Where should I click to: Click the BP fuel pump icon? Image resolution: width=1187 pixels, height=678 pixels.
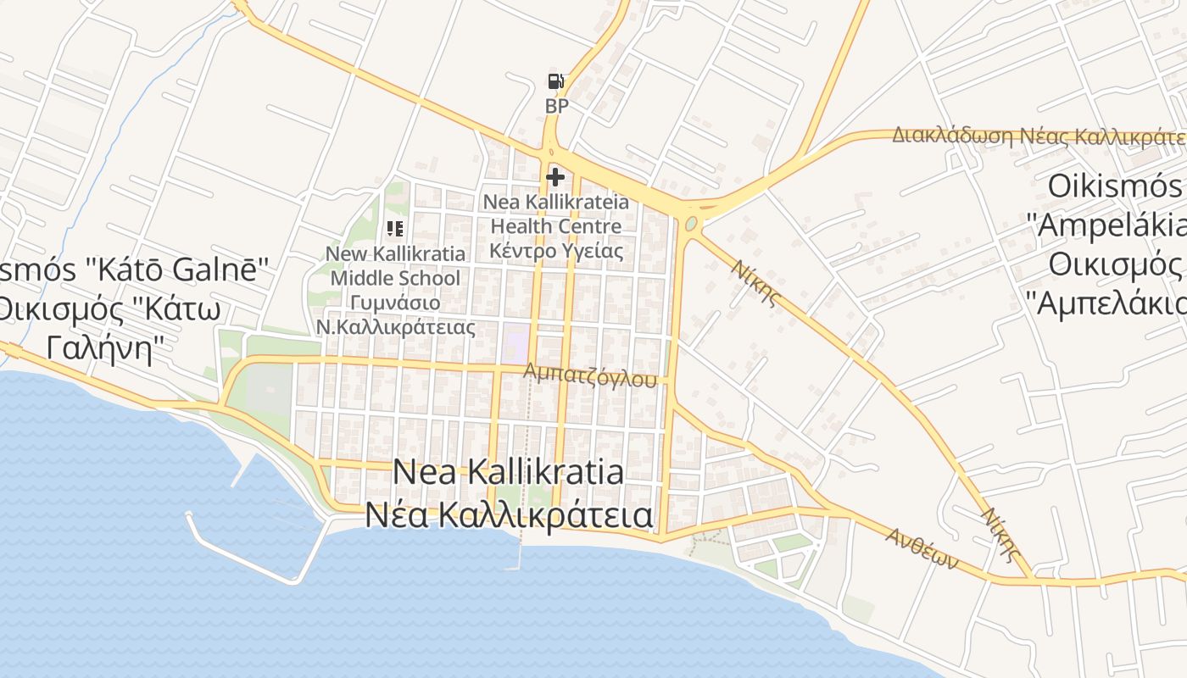pyautogui.click(x=555, y=81)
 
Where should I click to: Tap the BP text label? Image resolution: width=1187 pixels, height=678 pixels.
pyautogui.click(x=556, y=107)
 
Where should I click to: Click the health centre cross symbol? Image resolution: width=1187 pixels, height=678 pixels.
pyautogui.click(x=555, y=177)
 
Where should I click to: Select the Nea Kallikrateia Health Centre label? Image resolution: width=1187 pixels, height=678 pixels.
pyautogui.click(x=556, y=214)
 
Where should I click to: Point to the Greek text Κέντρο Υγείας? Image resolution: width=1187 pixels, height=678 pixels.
pyautogui.click(x=556, y=251)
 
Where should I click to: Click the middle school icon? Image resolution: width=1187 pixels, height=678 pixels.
pyautogui.click(x=394, y=228)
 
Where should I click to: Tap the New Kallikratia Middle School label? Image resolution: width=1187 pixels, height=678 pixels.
pyautogui.click(x=396, y=265)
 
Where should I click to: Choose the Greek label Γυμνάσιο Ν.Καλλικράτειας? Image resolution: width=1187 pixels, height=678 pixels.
pyautogui.click(x=396, y=314)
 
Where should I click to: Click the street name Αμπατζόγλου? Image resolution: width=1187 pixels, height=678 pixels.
pyautogui.click(x=590, y=375)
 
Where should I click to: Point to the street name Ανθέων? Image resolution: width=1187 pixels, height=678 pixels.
pyautogui.click(x=922, y=548)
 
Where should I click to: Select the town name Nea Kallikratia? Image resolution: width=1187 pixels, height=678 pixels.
pyautogui.click(x=509, y=472)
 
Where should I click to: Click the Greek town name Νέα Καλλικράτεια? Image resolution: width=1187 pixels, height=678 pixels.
pyautogui.click(x=509, y=514)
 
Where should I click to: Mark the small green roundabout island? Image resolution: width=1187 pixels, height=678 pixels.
pyautogui.click(x=692, y=224)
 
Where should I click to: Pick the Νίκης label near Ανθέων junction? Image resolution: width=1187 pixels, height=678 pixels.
pyautogui.click(x=1000, y=534)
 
